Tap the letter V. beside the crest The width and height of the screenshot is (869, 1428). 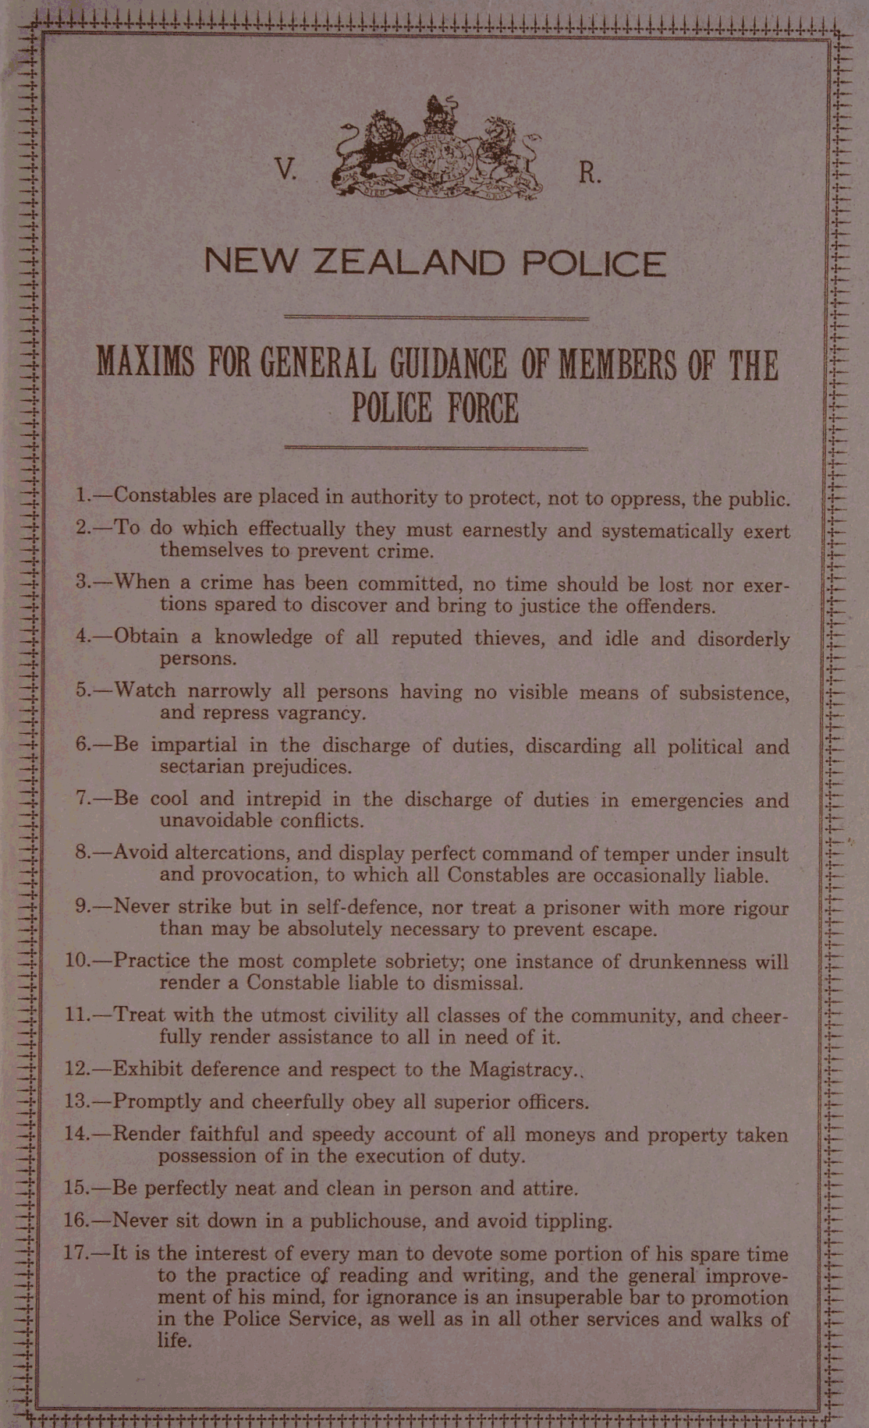tap(286, 170)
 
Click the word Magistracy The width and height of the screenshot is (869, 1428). tap(522, 1069)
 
